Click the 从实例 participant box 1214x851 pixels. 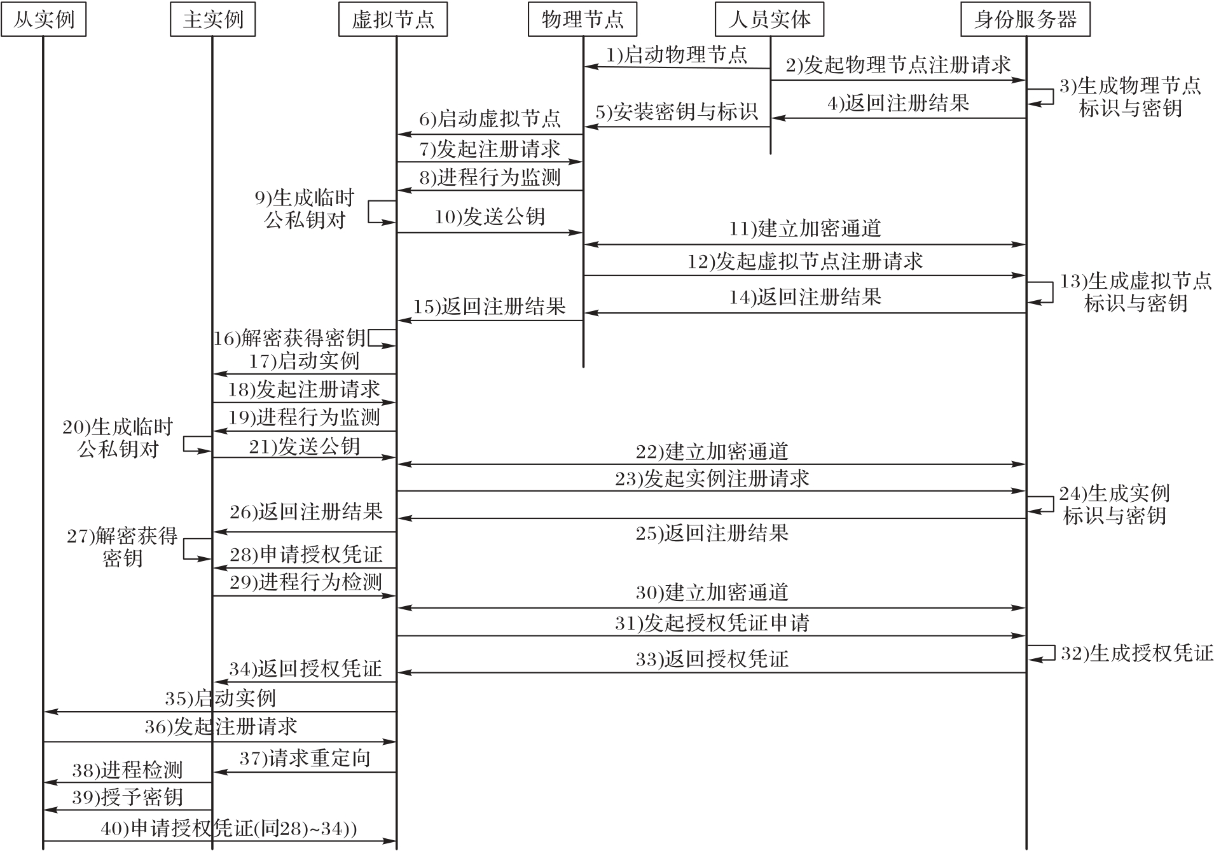click(44, 20)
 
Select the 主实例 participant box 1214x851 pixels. click(213, 20)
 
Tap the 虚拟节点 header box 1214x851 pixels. click(393, 20)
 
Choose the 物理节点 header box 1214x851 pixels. click(583, 20)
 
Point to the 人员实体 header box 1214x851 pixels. click(770, 20)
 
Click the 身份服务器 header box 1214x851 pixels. click(1026, 20)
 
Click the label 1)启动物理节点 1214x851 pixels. click(677, 55)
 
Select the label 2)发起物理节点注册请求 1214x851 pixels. click(898, 65)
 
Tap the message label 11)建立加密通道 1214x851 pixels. click(805, 228)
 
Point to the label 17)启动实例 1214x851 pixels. click(305, 361)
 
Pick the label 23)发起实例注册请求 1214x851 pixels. click(712, 478)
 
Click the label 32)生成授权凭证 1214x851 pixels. click(1137, 653)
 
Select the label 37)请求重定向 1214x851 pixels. click(305, 758)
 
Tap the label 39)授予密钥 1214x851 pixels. click(127, 797)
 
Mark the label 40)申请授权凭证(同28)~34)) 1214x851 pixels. click(229, 828)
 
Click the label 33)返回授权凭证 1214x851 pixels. click(712, 659)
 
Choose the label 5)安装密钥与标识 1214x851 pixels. click(677, 112)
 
